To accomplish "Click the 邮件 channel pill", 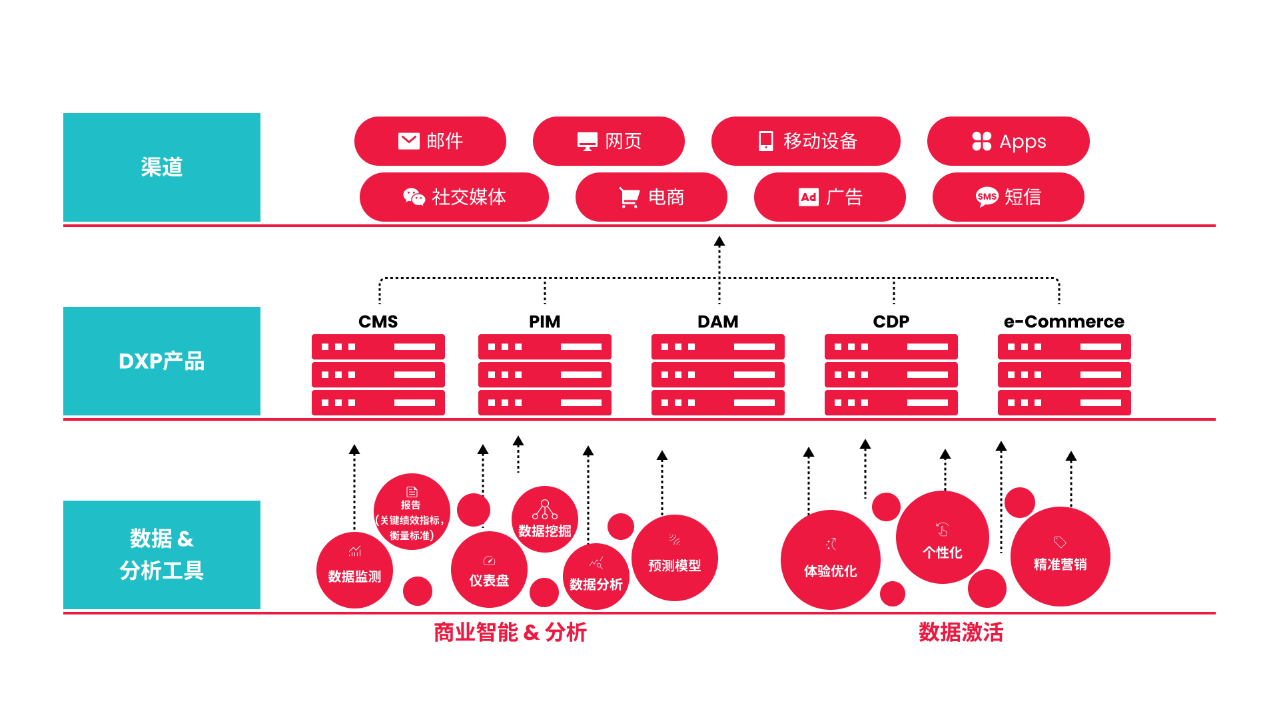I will click(x=430, y=141).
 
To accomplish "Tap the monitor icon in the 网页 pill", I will click(x=587, y=141).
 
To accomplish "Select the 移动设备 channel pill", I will click(x=805, y=141).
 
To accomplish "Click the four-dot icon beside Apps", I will click(x=981, y=141).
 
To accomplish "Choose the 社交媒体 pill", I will click(x=454, y=197).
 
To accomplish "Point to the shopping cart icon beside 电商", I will click(x=629, y=197).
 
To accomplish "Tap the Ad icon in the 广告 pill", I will click(x=808, y=197).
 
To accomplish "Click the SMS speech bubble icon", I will click(x=987, y=197).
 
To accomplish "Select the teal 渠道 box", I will click(x=162, y=167).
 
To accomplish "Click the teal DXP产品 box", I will click(x=162, y=361).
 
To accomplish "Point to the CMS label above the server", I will click(x=378, y=322).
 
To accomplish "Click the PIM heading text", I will click(x=544, y=322).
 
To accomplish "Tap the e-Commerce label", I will click(x=1064, y=322).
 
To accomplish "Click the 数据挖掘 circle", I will click(x=544, y=519).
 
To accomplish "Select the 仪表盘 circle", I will click(x=489, y=570).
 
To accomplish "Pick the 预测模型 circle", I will click(x=674, y=558).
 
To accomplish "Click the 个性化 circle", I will click(x=942, y=538).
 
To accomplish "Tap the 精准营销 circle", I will click(x=1060, y=557).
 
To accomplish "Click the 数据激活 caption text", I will click(x=961, y=632).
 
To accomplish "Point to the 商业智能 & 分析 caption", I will click(x=510, y=632).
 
